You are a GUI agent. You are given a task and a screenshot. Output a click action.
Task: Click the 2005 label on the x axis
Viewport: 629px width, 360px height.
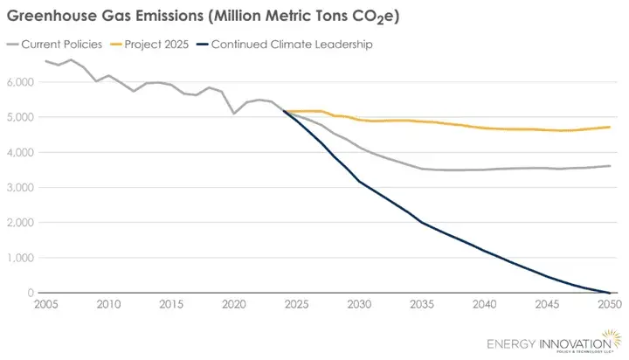[x=46, y=305]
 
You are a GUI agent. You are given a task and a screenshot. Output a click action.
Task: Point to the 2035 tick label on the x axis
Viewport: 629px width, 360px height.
[x=422, y=305]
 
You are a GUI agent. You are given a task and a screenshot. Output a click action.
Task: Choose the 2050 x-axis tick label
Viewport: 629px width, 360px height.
[x=609, y=305]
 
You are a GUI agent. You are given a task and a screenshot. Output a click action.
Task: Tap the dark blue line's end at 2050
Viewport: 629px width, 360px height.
[x=609, y=293]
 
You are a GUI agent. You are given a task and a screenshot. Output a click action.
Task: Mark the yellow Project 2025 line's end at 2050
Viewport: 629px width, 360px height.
[x=609, y=127]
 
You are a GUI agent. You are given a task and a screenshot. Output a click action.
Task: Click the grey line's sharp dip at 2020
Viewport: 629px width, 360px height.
[x=234, y=114]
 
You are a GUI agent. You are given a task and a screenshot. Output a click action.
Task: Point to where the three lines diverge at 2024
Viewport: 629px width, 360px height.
[x=284, y=111]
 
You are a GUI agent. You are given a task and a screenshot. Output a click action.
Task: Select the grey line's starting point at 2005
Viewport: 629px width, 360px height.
[x=46, y=61]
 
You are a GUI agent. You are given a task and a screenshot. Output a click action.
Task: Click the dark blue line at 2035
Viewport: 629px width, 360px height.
[x=422, y=223]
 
